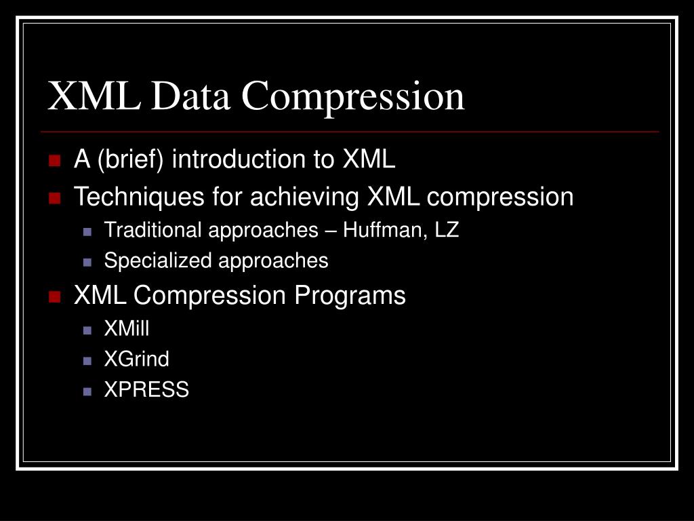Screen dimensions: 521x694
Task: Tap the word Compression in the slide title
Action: click(x=354, y=97)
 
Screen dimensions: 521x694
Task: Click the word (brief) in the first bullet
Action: click(x=131, y=160)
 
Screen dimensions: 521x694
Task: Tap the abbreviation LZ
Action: click(x=447, y=230)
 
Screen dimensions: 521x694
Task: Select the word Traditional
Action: click(x=153, y=230)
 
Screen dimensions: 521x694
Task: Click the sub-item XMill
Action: click(x=127, y=328)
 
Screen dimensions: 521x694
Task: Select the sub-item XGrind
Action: click(x=136, y=359)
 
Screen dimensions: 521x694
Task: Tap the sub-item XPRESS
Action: click(x=146, y=389)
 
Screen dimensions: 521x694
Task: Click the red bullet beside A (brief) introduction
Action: click(x=55, y=161)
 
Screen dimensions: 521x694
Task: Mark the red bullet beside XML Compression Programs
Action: click(x=55, y=296)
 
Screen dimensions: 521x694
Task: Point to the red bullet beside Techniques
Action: click(x=55, y=198)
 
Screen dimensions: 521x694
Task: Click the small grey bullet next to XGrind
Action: click(x=87, y=360)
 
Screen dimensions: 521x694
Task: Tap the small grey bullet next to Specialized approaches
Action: click(x=87, y=262)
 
